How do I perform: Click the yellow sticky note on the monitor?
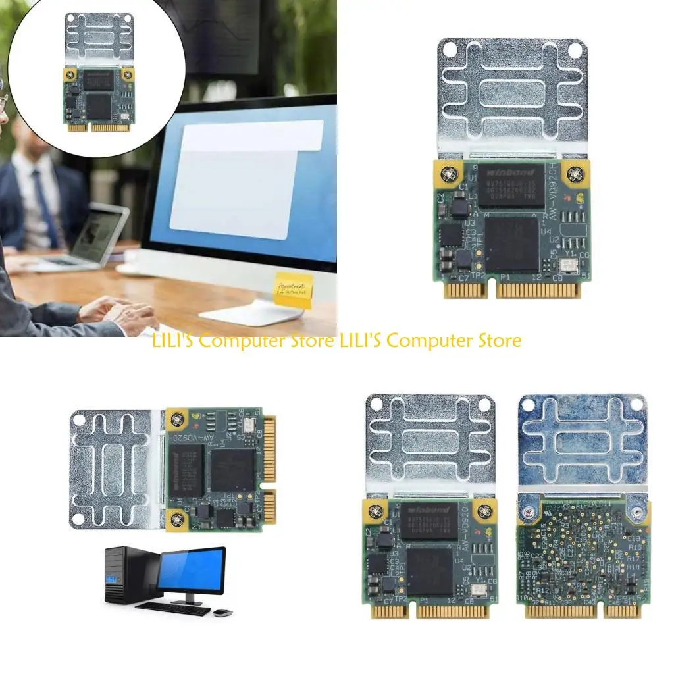(293, 290)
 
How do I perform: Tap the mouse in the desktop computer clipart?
(223, 613)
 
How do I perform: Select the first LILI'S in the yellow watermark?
(173, 341)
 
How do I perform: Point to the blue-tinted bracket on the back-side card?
(583, 441)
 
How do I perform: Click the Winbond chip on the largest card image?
(511, 185)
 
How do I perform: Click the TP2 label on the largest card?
(477, 276)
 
